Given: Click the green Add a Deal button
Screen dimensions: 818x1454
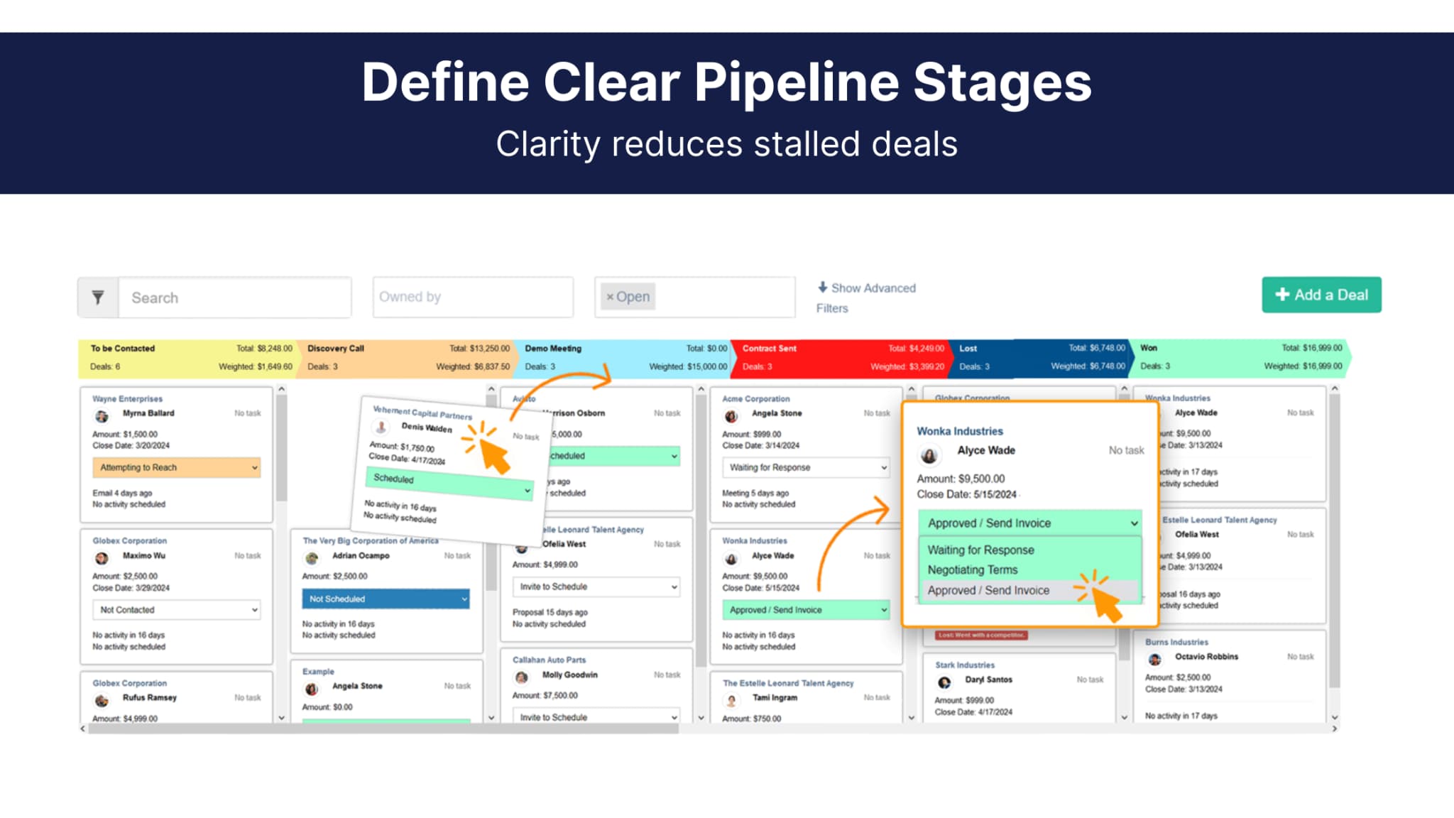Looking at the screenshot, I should [x=1321, y=295].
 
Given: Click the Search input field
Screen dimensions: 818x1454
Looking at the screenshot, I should [x=234, y=298].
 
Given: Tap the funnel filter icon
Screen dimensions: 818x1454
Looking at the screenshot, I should [x=98, y=298].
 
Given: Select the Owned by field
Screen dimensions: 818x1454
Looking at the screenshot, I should [x=472, y=297].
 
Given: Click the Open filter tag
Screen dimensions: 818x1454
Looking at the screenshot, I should [x=628, y=297].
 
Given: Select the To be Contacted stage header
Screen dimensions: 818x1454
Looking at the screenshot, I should [x=123, y=349].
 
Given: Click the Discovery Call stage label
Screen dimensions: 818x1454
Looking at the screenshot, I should [x=336, y=349].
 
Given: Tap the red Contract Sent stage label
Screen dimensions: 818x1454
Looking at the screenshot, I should [x=769, y=349].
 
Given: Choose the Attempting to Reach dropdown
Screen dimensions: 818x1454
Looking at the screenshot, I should [x=176, y=467].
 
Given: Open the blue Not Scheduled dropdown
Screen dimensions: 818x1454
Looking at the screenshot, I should [x=385, y=599].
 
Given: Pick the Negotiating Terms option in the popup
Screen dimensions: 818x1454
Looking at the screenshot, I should [x=972, y=569].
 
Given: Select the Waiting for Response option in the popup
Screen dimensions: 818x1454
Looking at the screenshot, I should [x=980, y=550].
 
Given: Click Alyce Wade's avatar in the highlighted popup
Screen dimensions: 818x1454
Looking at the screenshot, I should [x=929, y=454].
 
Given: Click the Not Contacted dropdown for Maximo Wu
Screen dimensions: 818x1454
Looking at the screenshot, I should [x=176, y=610].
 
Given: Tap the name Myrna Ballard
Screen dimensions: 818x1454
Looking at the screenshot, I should [x=148, y=413].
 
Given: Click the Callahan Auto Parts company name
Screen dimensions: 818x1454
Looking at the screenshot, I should [x=549, y=660].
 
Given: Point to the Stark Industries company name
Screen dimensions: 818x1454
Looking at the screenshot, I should [x=964, y=665].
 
